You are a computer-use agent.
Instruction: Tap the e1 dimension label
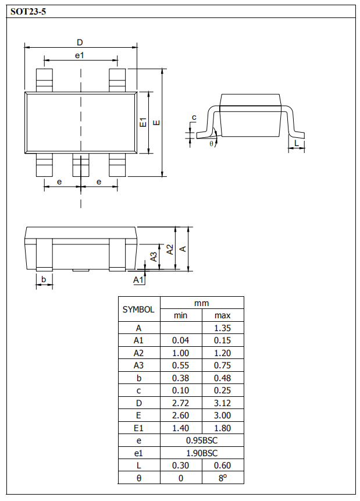tap(80, 55)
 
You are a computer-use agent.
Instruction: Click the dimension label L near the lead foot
tap(297, 143)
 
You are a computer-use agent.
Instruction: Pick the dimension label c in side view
tap(194, 118)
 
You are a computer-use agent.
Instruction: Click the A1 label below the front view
tap(138, 280)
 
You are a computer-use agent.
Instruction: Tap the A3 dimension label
tap(154, 257)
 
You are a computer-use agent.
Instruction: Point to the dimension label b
tap(43, 280)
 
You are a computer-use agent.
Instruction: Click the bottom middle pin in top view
tap(80, 166)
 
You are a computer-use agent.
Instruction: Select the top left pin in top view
tap(44, 79)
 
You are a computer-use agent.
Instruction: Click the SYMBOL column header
tap(138, 310)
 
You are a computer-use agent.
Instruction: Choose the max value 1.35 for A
tap(222, 328)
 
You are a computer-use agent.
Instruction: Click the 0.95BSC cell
tap(201, 440)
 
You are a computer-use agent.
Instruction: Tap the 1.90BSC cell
tap(201, 453)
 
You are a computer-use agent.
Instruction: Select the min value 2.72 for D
tap(180, 403)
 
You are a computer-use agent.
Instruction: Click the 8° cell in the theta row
tap(222, 478)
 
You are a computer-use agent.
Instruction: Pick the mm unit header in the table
tap(201, 303)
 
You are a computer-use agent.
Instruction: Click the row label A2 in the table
tap(138, 353)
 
